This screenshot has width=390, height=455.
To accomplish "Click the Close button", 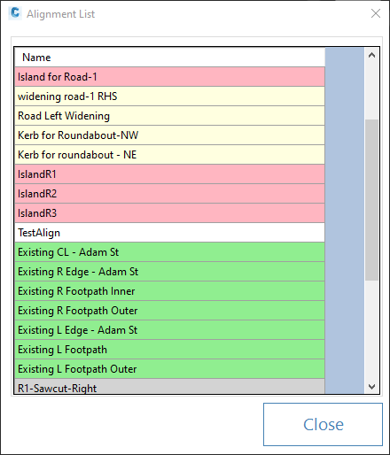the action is tap(323, 424).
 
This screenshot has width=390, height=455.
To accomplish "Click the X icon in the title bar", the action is tap(376, 13).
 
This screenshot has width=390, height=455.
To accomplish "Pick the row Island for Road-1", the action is tap(170, 77).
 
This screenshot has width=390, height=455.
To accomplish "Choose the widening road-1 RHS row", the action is tap(170, 96).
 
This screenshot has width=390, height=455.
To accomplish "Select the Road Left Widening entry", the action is tap(170, 116).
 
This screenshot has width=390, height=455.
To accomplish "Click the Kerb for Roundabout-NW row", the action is tap(170, 135).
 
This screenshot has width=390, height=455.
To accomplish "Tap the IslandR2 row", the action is tap(170, 194).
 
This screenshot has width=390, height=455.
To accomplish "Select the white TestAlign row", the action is tap(170, 233).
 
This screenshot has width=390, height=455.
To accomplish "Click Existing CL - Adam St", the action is tap(170, 252).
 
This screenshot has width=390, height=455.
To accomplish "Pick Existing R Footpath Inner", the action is tap(170, 291).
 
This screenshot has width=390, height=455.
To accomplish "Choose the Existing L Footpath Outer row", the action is tap(170, 369).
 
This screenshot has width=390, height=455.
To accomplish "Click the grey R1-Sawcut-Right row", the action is tap(170, 386).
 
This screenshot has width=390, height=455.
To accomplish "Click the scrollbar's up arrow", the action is tap(371, 55).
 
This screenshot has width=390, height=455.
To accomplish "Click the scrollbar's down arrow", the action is tap(371, 386).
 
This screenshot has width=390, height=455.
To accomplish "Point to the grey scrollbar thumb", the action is tap(371, 200).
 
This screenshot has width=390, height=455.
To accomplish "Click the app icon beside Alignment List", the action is tap(15, 13).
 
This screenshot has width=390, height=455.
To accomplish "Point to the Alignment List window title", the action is tap(60, 14).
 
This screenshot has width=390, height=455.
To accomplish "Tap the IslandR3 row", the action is tap(170, 213).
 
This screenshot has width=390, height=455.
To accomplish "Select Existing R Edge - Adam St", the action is tap(170, 272).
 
